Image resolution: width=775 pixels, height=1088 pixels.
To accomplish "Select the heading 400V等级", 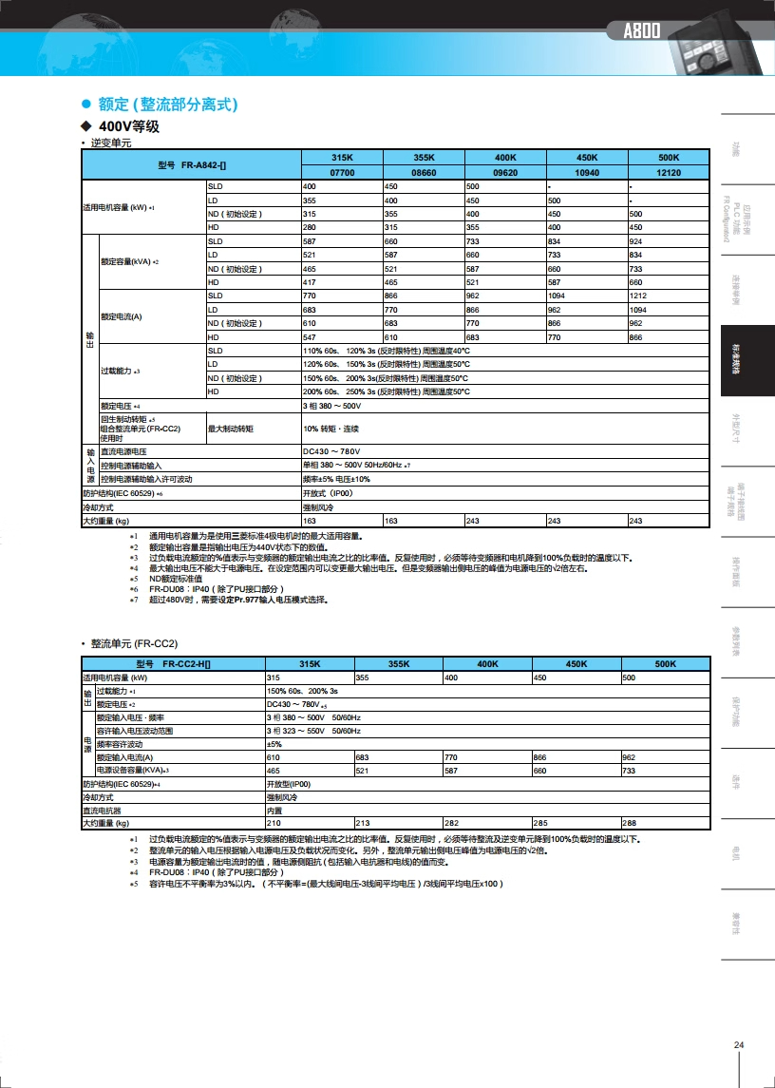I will pyautogui.click(x=128, y=126).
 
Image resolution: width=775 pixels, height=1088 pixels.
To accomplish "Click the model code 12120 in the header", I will pyautogui.click(x=669, y=173).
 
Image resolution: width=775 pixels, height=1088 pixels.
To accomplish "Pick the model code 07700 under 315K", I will pyautogui.click(x=342, y=173).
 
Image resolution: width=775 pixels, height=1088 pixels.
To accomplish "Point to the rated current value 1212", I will pyautogui.click(x=638, y=296).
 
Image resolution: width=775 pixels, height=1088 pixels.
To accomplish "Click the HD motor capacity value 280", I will pyautogui.click(x=310, y=228).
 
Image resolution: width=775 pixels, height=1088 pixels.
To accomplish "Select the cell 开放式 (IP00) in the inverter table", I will pyautogui.click(x=328, y=494).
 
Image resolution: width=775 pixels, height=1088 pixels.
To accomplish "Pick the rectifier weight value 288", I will pyautogui.click(x=629, y=823).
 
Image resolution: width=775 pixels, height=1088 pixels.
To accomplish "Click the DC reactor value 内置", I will pyautogui.click(x=274, y=811).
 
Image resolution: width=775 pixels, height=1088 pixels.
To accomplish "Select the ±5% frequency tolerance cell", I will pyautogui.click(x=274, y=744).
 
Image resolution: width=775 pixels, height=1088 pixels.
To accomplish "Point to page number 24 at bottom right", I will pyautogui.click(x=739, y=1046).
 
